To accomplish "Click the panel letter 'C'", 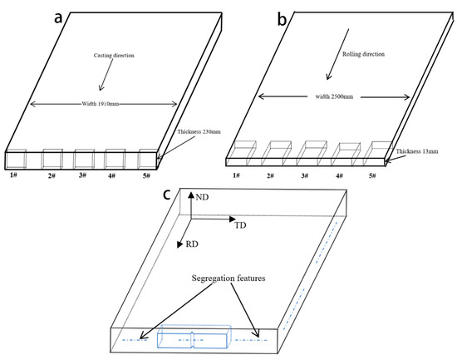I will (167, 194).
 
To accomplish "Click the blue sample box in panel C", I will (192, 340).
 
